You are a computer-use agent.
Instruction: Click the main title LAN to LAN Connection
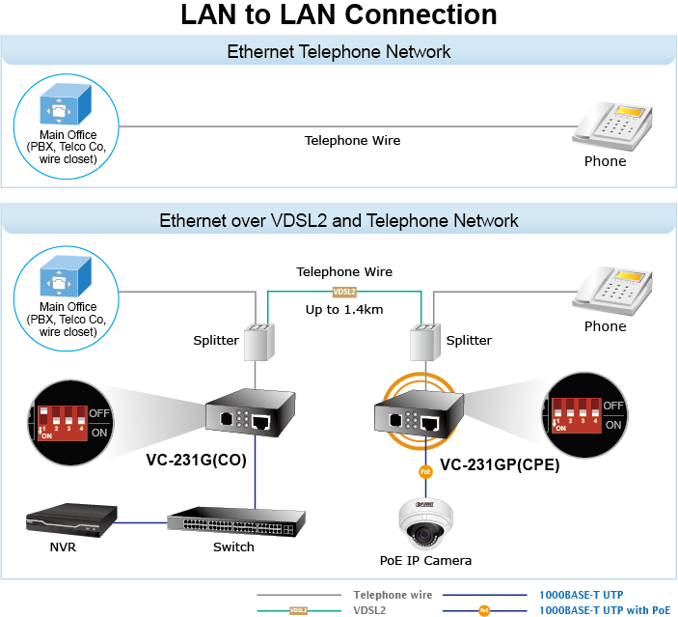click(x=339, y=15)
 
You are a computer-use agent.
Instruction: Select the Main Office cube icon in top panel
click(x=67, y=104)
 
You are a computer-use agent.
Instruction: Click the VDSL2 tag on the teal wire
click(x=344, y=291)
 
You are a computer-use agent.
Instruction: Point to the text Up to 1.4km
click(x=344, y=309)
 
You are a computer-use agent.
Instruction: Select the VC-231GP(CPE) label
click(x=500, y=464)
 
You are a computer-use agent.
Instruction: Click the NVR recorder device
click(x=71, y=522)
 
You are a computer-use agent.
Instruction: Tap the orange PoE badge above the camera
click(x=425, y=472)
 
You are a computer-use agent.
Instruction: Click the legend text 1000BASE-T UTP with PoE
click(x=604, y=610)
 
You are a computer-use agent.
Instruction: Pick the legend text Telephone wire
click(x=393, y=595)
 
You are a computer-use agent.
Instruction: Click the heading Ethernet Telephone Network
click(x=339, y=52)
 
